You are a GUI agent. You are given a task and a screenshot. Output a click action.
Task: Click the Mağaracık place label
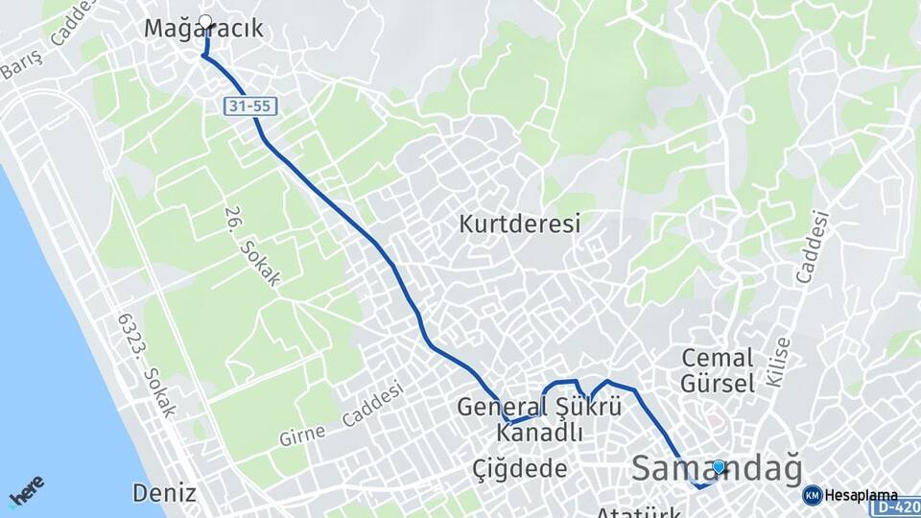pos(203,30)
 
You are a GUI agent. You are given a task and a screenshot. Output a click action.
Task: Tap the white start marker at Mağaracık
pos(204,20)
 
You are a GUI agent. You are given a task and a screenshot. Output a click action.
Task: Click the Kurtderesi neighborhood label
pos(520,224)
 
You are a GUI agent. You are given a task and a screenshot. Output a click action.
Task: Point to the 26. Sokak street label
pos(252,247)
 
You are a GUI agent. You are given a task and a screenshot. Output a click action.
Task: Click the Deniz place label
pos(165,494)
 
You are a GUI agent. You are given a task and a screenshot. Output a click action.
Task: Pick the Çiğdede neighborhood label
pos(520,469)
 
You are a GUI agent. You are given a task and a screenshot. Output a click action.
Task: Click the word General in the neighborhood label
pos(497,406)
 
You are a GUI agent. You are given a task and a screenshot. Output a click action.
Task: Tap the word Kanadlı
pos(539,433)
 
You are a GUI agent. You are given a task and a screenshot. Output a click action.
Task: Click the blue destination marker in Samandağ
pos(719,466)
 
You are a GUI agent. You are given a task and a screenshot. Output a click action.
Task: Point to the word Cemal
pos(717,358)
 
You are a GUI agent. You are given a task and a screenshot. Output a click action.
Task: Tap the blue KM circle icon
pos(813,495)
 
